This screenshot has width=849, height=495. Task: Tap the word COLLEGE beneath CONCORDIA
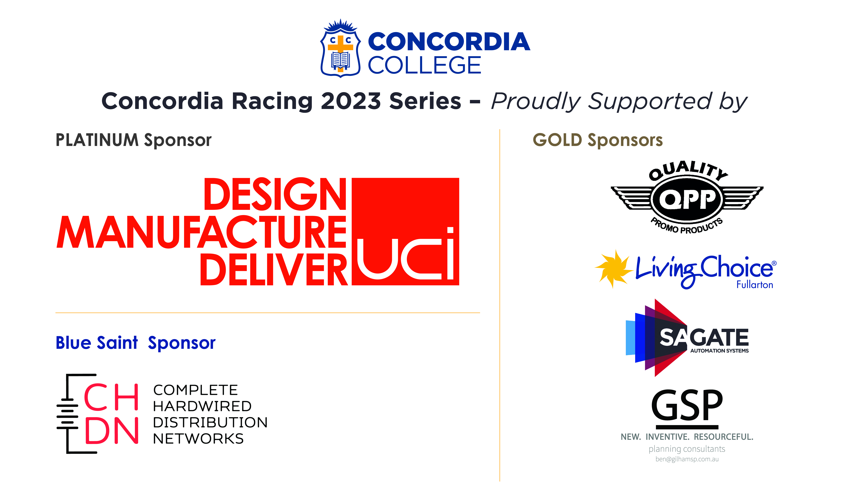pos(424,65)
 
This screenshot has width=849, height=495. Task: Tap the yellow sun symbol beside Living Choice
pos(613,269)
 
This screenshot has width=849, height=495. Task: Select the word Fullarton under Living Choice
pos(755,285)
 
